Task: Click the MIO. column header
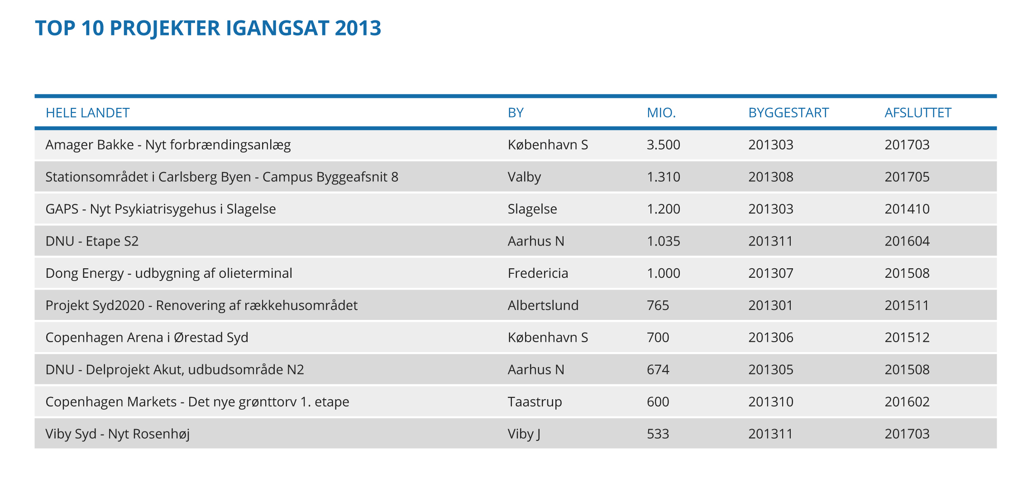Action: click(x=661, y=113)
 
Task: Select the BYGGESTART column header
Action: click(x=788, y=113)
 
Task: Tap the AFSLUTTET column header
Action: click(x=917, y=113)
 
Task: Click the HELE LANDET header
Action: click(x=87, y=113)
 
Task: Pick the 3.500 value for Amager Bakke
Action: click(x=663, y=145)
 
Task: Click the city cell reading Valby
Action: click(x=524, y=177)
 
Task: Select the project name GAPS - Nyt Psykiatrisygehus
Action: click(x=161, y=209)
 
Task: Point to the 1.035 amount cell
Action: click(x=663, y=242)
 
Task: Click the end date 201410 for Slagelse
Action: click(x=907, y=209)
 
